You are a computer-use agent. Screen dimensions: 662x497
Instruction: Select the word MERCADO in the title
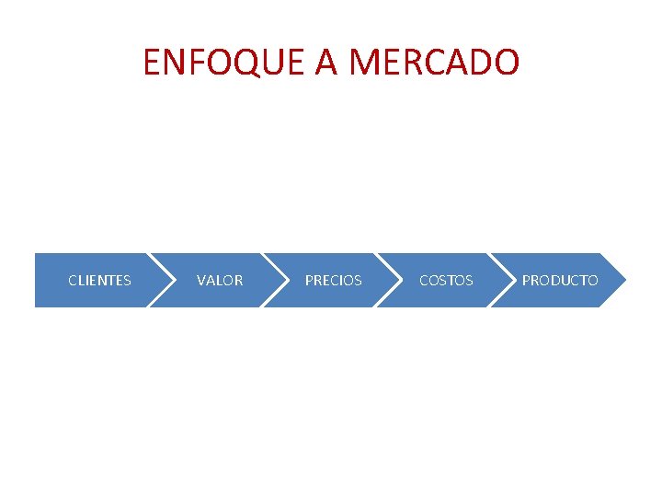pyautogui.click(x=435, y=63)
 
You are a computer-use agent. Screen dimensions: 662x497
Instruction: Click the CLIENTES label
pyautogui.click(x=99, y=280)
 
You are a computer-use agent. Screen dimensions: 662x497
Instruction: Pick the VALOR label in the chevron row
pyautogui.click(x=220, y=280)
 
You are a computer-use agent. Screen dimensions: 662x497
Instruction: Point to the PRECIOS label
pyautogui.click(x=333, y=280)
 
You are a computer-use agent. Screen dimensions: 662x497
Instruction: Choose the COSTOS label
pyautogui.click(x=446, y=280)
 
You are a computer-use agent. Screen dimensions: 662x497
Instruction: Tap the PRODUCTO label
pyautogui.click(x=560, y=280)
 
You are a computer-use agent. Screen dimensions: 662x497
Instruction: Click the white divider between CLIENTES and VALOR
pyautogui.click(x=160, y=280)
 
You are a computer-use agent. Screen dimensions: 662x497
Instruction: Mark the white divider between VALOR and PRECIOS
pyautogui.click(x=274, y=280)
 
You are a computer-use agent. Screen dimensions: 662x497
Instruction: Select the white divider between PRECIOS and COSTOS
pyautogui.click(x=387, y=280)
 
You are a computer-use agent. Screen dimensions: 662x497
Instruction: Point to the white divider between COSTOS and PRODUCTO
pyautogui.click(x=501, y=280)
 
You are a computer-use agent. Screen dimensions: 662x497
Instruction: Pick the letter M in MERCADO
pyautogui.click(x=367, y=63)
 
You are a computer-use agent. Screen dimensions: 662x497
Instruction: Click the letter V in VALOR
pyautogui.click(x=201, y=280)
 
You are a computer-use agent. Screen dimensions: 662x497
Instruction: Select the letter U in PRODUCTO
pyautogui.click(x=565, y=280)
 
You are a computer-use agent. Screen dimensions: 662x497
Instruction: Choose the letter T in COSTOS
pyautogui.click(x=451, y=280)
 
